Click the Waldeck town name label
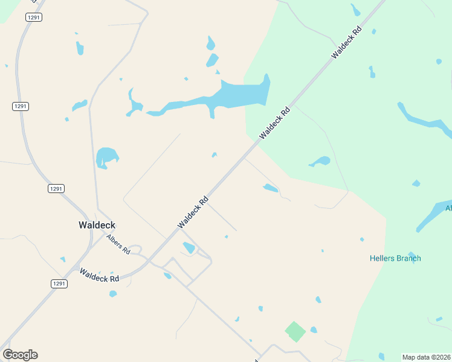tap(97, 225)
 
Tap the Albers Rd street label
tap(118, 244)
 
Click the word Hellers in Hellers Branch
tap(383, 258)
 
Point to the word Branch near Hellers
tap(409, 258)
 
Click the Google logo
tap(20, 355)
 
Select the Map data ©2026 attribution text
tap(426, 357)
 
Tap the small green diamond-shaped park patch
tap(295, 331)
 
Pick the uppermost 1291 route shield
tap(33, 17)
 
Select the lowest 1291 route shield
tap(59, 284)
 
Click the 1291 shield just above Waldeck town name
tap(56, 189)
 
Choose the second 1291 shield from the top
tap(20, 106)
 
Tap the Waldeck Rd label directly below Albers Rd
tap(100, 275)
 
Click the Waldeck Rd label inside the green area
tap(346, 42)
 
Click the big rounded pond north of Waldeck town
tap(107, 157)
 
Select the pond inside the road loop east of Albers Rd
tap(189, 247)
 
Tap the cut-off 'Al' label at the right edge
tap(448, 208)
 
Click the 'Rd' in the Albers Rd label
tap(126, 250)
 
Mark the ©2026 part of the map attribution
tap(439, 357)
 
